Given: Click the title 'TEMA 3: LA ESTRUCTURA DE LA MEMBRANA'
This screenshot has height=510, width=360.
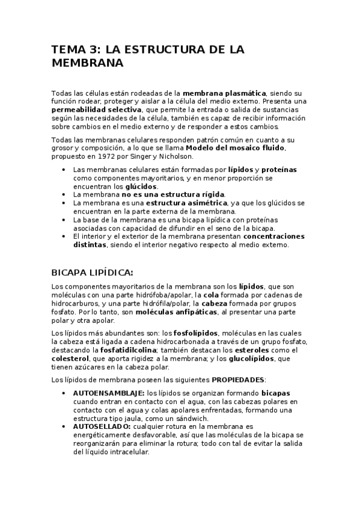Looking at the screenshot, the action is (148, 56).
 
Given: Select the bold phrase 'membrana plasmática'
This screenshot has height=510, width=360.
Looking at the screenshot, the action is (224, 94).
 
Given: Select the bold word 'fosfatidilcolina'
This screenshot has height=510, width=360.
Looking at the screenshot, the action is (124, 349).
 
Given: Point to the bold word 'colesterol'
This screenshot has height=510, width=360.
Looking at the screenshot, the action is (70, 358).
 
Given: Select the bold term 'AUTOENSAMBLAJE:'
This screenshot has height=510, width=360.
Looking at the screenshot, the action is (109, 393).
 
